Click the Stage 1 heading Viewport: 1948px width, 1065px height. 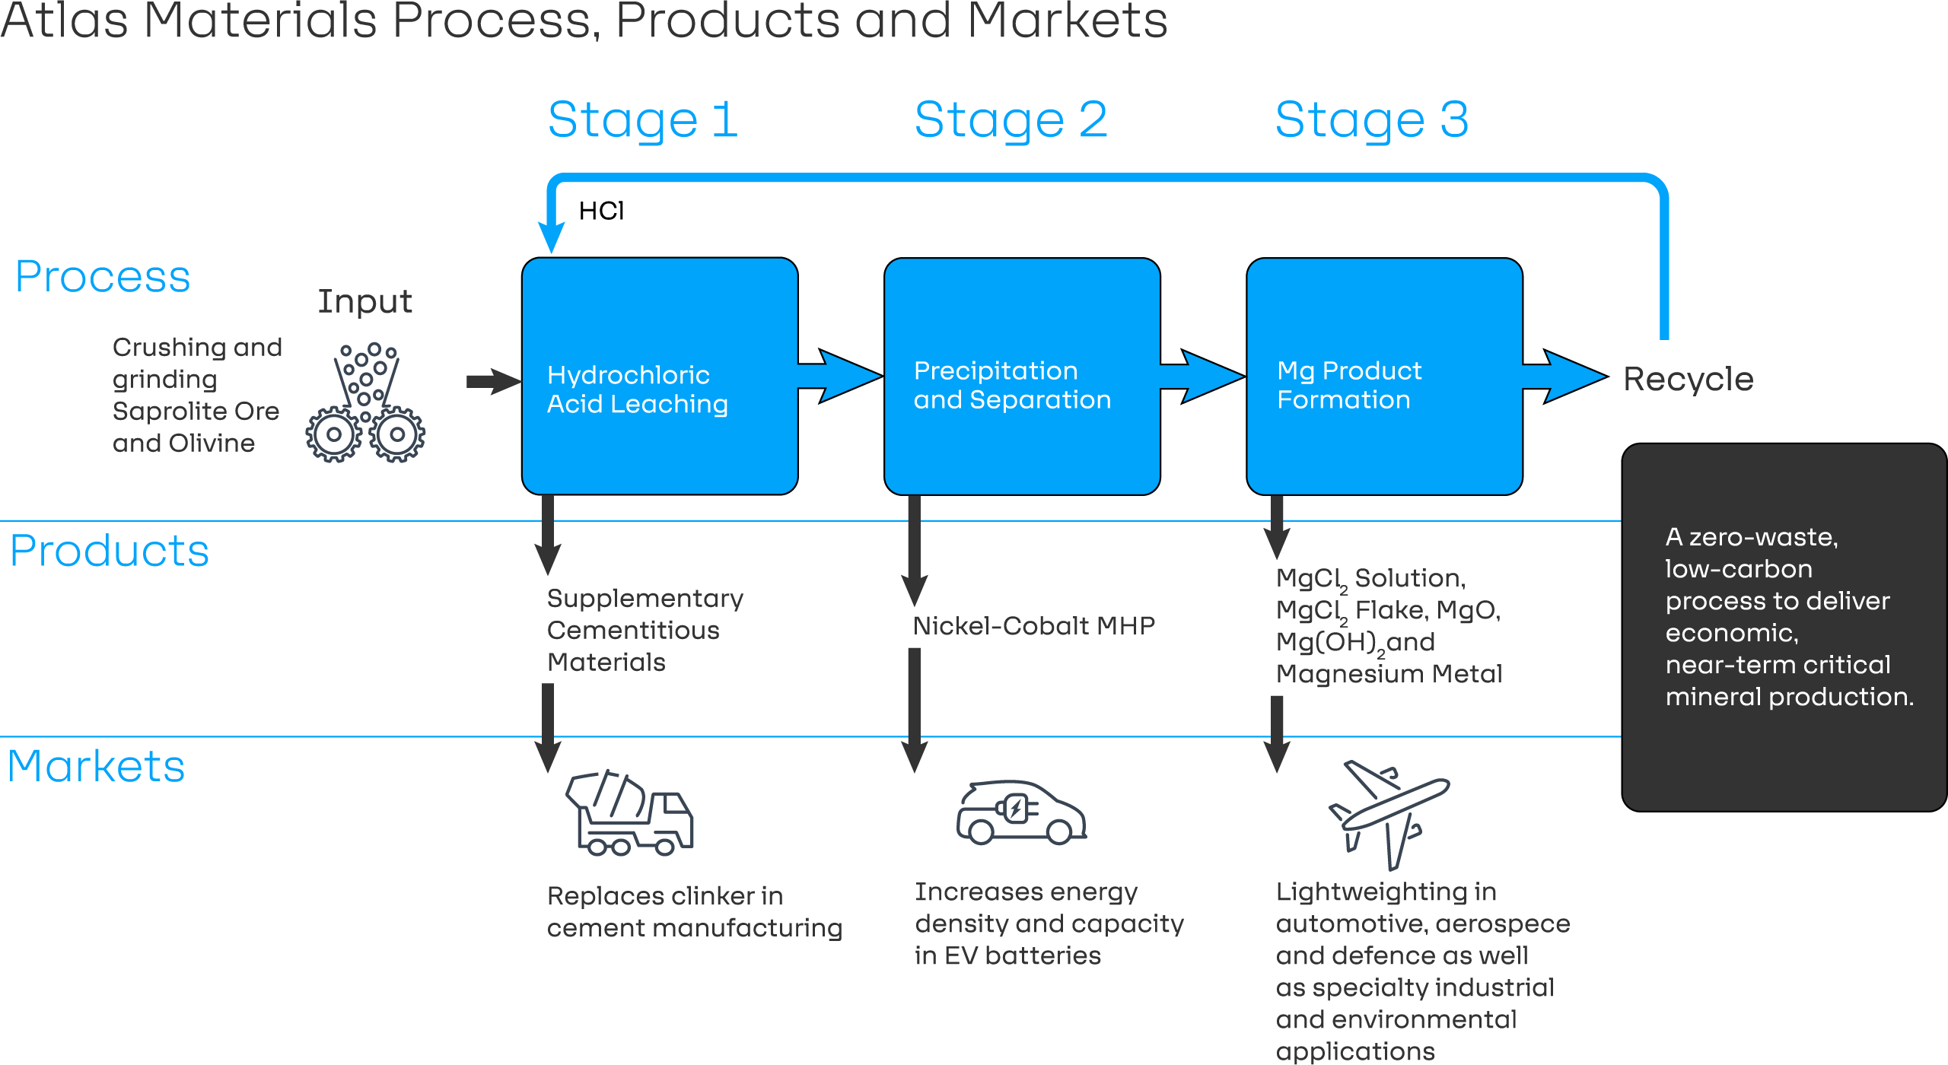tap(642, 120)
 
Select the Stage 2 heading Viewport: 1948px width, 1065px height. tap(1010, 120)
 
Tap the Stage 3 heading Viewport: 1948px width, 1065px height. tap(1371, 120)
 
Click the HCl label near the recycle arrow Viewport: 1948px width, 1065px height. tap(601, 211)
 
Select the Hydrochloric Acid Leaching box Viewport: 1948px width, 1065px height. tap(660, 377)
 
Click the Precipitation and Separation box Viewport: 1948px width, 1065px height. tap(1022, 377)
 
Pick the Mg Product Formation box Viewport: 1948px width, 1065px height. tap(1384, 377)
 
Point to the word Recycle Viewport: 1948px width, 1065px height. tap(1688, 379)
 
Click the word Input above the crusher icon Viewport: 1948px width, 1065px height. tap(364, 301)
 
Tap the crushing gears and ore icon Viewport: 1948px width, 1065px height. tap(365, 403)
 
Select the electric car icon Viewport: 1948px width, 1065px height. tap(1020, 812)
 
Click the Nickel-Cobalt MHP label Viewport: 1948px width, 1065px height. tap(1033, 625)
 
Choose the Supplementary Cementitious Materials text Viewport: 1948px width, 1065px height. tap(644, 630)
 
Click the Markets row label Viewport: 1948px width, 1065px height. tap(96, 766)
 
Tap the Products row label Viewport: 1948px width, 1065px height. tap(109, 551)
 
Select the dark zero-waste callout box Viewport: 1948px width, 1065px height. tap(1784, 627)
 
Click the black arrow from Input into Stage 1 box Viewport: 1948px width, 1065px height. tap(493, 381)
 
